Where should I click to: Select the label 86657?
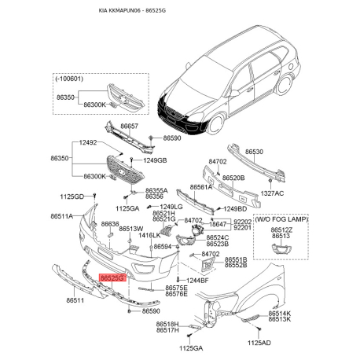tap(130, 125)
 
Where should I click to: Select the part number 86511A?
tap(63, 215)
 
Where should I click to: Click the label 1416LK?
tap(149, 235)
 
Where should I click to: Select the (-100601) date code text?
tap(72, 80)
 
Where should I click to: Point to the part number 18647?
tap(217, 224)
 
